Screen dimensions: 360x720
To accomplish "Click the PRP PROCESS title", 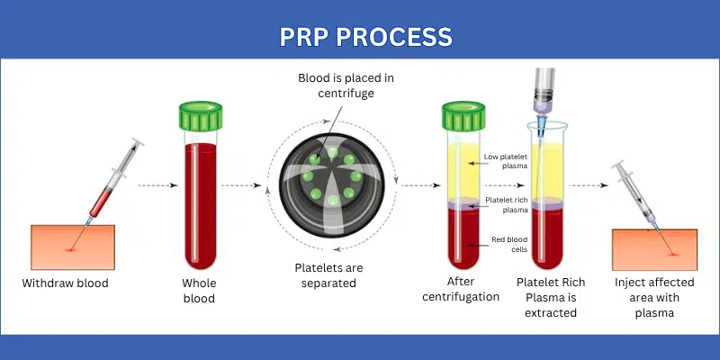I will pos(360,36).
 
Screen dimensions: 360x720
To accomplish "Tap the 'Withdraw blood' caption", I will pos(66,283).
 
